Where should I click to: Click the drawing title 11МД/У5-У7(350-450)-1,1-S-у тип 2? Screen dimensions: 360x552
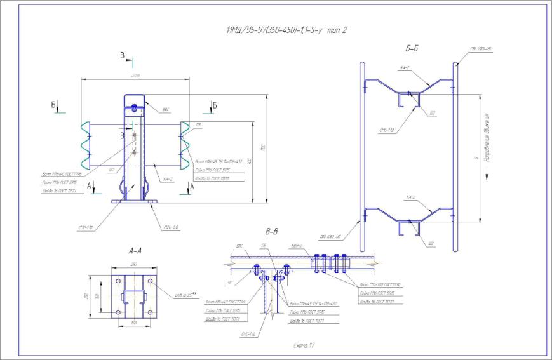(x=286, y=30)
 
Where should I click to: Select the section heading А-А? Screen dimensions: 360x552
(x=135, y=251)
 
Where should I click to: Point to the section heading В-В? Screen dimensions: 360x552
(x=272, y=231)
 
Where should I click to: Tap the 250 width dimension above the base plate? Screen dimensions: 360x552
(x=134, y=264)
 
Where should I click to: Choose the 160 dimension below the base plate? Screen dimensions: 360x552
(x=133, y=323)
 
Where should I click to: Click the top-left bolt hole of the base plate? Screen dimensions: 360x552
(x=118, y=280)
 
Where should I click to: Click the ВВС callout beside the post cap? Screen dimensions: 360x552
(x=166, y=109)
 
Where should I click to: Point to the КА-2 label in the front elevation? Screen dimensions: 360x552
(x=168, y=179)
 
